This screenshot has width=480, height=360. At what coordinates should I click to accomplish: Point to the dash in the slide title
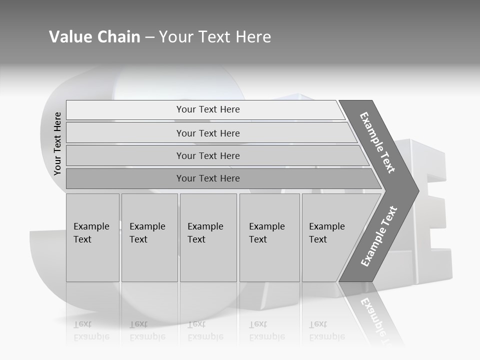(149, 37)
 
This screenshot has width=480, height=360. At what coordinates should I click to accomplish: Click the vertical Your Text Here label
(57, 143)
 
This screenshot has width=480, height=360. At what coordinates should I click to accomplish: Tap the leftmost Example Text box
(92, 237)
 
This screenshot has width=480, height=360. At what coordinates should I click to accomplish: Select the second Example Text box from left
(149, 237)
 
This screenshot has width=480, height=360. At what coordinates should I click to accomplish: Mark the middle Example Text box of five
(208, 237)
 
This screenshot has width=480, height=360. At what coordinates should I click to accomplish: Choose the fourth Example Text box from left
(269, 237)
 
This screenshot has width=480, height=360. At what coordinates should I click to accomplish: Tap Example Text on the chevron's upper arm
(377, 142)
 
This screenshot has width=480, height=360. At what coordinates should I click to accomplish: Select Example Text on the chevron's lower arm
(378, 236)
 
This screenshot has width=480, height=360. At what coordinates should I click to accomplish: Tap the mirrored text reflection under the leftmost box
(91, 330)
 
